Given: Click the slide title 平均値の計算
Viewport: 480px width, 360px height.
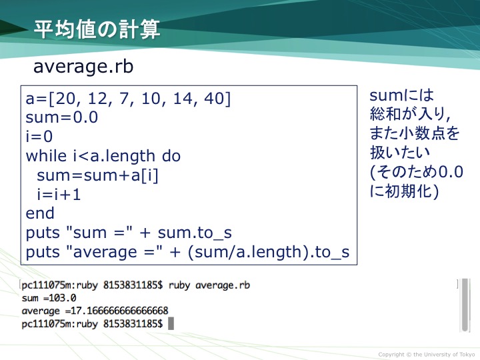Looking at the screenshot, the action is point(97,29).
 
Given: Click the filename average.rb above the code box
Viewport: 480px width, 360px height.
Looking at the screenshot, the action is point(83,67).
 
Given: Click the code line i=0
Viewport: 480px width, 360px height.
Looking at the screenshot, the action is point(39,136).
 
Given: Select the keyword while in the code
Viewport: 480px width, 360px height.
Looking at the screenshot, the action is point(46,155).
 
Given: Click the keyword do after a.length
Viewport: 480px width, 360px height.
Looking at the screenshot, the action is point(171,155).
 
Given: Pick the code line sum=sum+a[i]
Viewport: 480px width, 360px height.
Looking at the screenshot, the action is point(97,175).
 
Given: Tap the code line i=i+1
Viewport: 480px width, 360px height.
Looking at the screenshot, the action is point(59,194).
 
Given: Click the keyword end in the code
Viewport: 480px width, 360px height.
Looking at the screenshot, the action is point(40,213).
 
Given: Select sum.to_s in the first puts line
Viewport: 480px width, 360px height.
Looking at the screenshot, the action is point(195,233).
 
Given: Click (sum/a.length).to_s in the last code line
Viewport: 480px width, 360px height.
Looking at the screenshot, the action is point(269,252).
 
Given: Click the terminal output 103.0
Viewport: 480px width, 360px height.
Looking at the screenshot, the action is point(63,298).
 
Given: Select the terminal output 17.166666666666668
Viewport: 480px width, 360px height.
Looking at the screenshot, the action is point(119,311).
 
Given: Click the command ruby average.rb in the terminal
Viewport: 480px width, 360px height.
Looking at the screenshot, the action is point(209,285).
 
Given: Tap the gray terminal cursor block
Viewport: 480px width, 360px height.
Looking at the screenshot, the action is point(171,323).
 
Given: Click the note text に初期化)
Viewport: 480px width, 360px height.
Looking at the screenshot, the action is point(404,191).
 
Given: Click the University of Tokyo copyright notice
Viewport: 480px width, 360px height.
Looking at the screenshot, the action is point(427,355).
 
